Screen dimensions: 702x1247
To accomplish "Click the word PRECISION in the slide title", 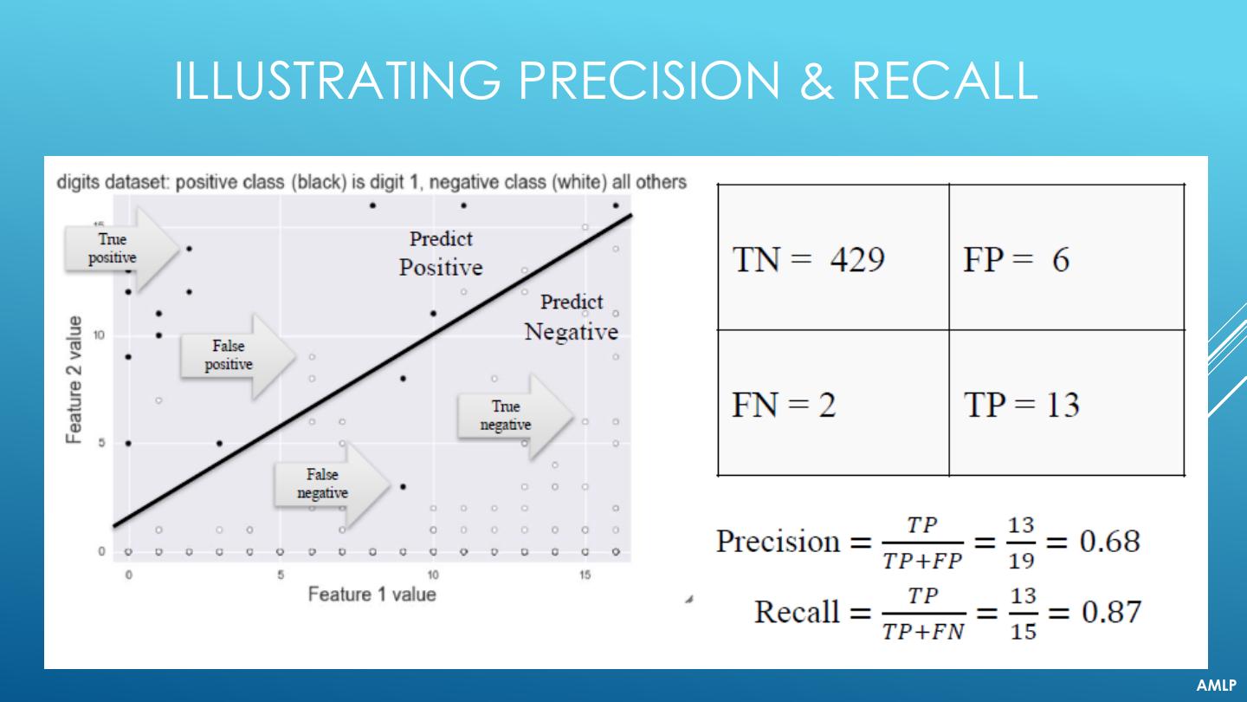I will (x=654, y=80).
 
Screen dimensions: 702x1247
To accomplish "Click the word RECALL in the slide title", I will (x=945, y=80).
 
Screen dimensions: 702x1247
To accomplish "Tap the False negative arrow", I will (x=330, y=484).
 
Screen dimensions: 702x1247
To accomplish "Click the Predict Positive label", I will (x=441, y=253).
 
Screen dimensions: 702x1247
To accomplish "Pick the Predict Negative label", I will (x=572, y=317).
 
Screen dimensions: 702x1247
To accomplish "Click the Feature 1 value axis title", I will (x=372, y=595).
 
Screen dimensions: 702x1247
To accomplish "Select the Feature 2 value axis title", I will (x=75, y=380).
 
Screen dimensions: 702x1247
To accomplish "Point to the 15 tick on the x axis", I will (x=585, y=575).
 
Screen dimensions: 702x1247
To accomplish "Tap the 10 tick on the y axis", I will (x=99, y=335).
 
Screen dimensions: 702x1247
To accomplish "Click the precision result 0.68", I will (x=1109, y=543).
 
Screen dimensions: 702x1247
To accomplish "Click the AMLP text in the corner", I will (x=1216, y=686).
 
